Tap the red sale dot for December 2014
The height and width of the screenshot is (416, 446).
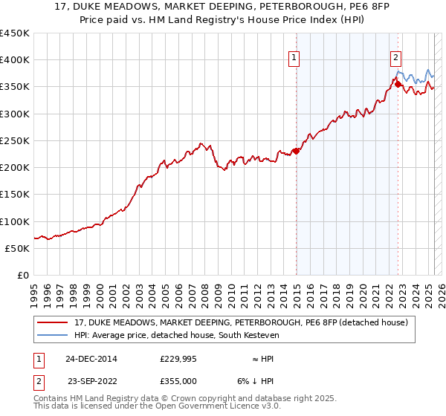click(297, 152)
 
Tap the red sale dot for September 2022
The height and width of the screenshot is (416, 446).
click(398, 84)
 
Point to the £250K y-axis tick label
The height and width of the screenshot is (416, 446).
click(16, 140)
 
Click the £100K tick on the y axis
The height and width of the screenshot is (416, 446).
click(16, 221)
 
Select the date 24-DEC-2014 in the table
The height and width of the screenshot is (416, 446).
click(91, 359)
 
